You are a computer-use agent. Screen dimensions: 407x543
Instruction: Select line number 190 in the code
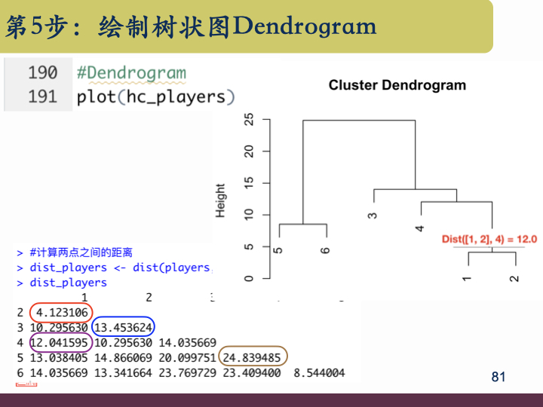click(42, 73)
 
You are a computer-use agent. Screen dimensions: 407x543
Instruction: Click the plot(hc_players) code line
click(156, 96)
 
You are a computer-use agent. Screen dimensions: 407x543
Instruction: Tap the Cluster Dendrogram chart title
click(397, 85)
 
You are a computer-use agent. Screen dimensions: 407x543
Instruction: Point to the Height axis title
click(220, 200)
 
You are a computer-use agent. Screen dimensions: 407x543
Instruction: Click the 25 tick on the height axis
click(248, 120)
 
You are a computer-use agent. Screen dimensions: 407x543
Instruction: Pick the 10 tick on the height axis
click(248, 215)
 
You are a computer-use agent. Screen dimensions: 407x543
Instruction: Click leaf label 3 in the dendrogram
click(373, 216)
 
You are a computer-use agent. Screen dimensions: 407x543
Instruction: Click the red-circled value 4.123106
click(60, 312)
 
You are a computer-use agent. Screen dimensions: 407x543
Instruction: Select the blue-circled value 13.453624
click(123, 327)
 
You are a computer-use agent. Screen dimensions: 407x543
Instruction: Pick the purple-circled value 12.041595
click(60, 342)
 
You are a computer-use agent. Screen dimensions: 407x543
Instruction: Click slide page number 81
click(498, 377)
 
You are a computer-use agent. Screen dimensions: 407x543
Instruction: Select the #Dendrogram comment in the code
click(130, 73)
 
